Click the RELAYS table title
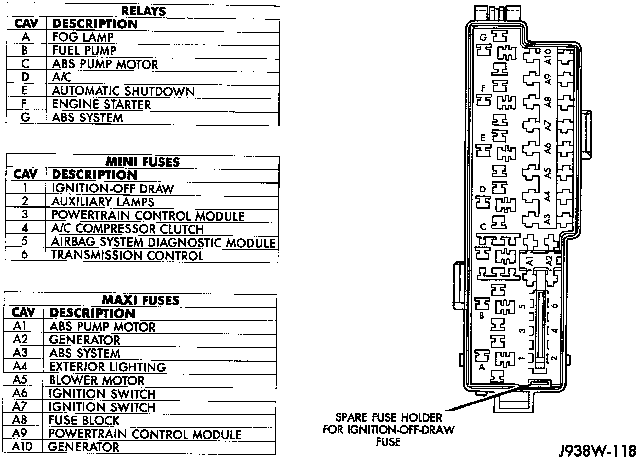(x=143, y=11)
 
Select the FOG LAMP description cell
(x=83, y=37)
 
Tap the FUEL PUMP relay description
(x=84, y=50)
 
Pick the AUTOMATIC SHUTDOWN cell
(x=123, y=91)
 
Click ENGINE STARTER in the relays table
(x=101, y=104)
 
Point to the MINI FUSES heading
(x=143, y=162)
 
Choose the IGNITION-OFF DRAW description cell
(x=113, y=189)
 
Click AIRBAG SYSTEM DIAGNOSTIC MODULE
(x=163, y=242)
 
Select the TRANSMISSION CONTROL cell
(x=127, y=256)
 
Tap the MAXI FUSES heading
(x=141, y=300)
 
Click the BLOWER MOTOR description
(x=97, y=380)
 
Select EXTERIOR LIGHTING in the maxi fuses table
(x=107, y=367)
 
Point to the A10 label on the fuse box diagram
(x=548, y=57)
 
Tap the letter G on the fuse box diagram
(x=483, y=37)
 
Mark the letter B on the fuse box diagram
(x=482, y=316)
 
